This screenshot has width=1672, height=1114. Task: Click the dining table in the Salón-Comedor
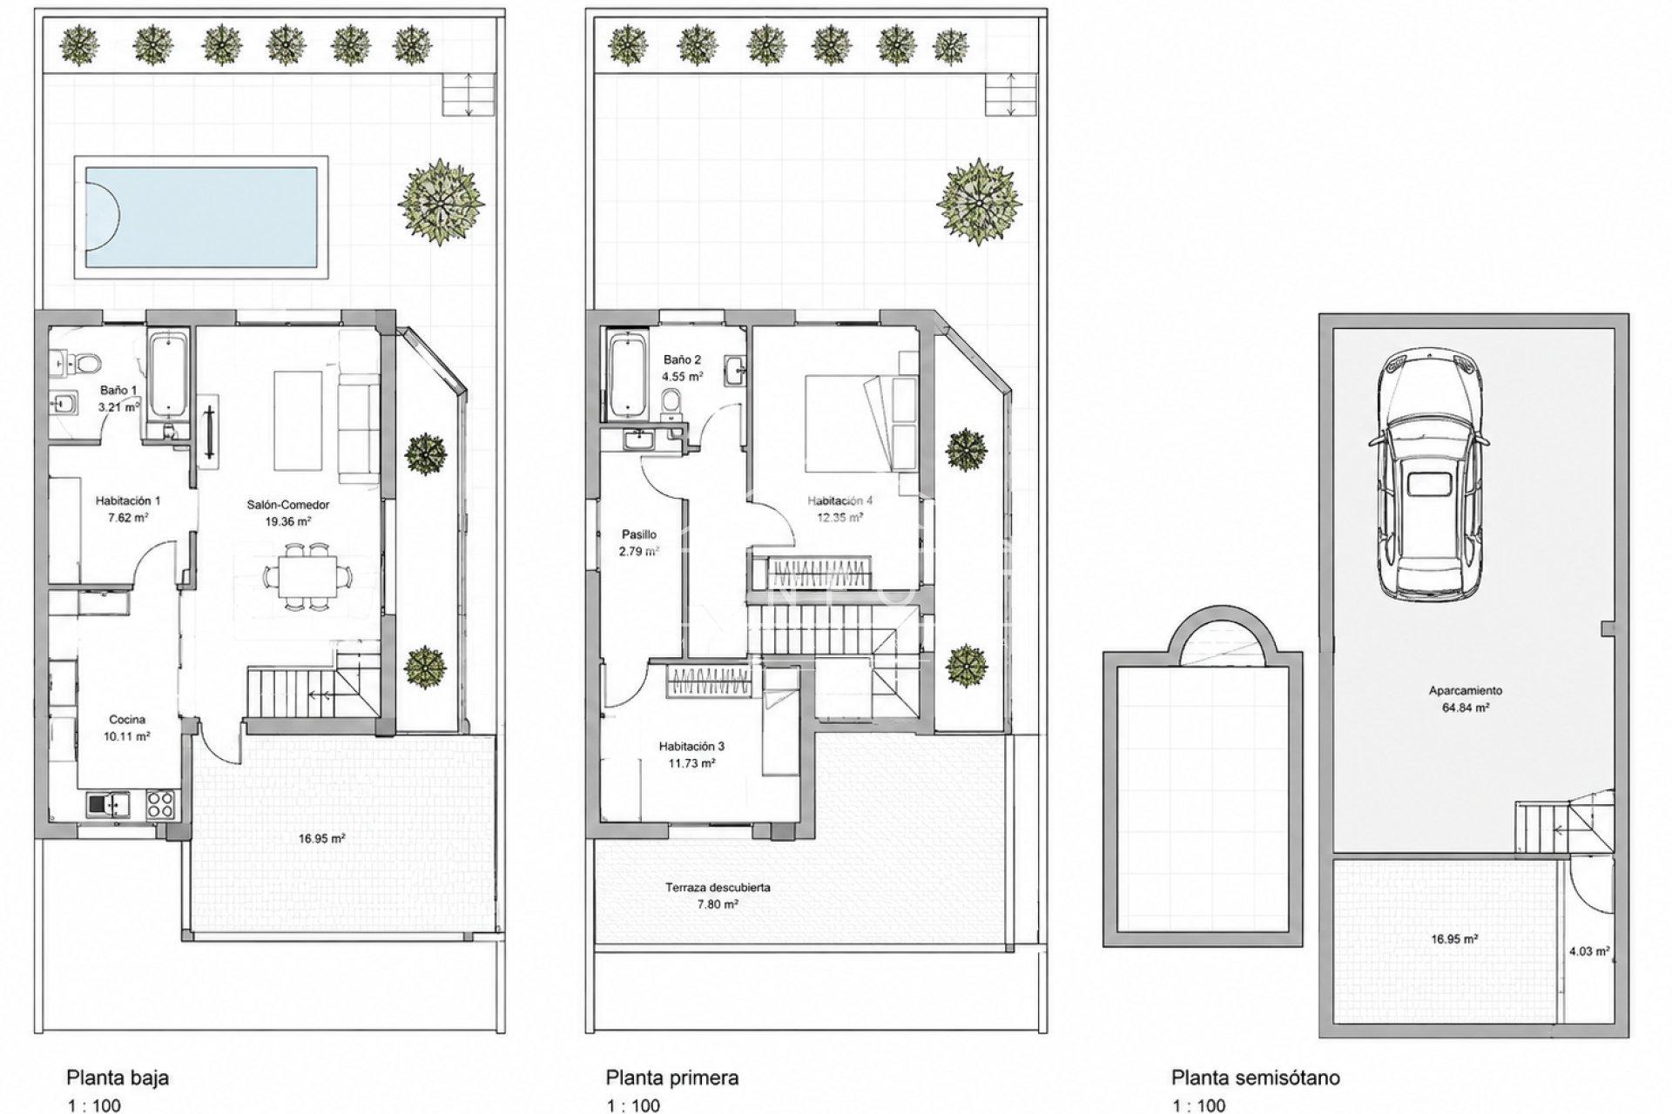309,574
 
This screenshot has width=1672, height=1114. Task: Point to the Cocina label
127,720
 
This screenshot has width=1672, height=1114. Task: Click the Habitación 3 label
691,746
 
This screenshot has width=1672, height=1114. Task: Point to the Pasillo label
639,534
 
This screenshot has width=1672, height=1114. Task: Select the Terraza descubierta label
718,888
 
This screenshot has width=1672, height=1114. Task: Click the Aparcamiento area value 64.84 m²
1465,708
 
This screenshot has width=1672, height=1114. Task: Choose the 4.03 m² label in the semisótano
1588,951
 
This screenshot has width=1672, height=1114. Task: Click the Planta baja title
118,1077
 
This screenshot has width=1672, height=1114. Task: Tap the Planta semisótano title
1255,1077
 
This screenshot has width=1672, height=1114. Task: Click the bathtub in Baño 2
625,375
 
